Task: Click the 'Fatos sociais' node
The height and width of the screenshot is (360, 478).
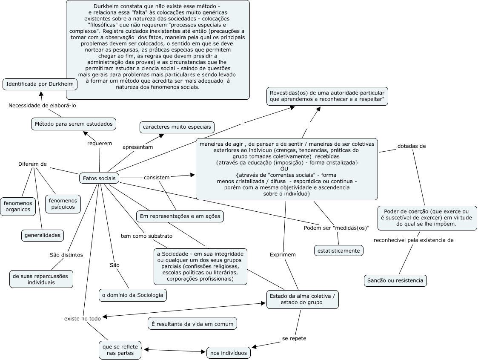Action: tap(99, 178)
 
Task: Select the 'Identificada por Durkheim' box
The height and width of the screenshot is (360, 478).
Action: tap(40, 84)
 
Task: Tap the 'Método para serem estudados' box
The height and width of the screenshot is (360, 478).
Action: tap(74, 124)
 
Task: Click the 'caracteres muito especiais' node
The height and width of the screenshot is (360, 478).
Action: tap(177, 127)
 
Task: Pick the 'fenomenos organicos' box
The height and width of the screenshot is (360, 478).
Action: tap(17, 206)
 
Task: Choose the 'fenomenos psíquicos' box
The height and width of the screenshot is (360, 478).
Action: tap(63, 204)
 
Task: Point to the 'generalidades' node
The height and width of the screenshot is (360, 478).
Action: tap(43, 235)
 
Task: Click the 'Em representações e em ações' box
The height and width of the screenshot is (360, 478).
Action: tap(180, 216)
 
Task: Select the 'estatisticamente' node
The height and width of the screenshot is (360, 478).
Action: tap(339, 251)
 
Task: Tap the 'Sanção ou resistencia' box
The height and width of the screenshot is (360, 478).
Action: tap(395, 281)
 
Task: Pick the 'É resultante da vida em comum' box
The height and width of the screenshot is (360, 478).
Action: tap(192, 324)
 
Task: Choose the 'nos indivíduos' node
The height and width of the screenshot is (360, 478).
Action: tap(229, 353)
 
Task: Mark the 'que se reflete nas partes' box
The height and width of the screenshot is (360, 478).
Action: tap(120, 350)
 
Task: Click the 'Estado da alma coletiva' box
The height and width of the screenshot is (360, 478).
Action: tap(302, 299)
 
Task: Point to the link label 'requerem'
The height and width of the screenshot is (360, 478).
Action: tap(100, 143)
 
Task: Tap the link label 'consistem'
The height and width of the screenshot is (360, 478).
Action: tap(157, 177)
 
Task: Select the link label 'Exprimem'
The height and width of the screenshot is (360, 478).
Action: tap(283, 254)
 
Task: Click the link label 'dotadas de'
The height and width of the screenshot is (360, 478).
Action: tap(412, 146)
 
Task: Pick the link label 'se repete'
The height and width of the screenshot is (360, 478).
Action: tap(294, 338)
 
